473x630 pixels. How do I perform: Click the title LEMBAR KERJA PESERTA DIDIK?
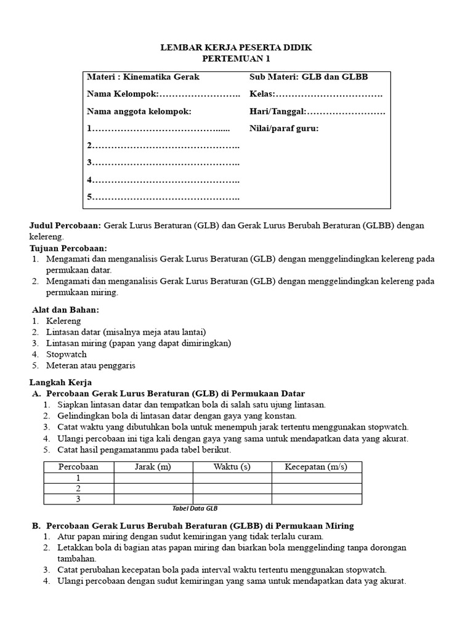pyautogui.click(x=236, y=47)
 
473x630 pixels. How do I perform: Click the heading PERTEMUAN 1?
pyautogui.click(x=236, y=59)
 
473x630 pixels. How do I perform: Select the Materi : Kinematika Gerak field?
pyautogui.click(x=143, y=77)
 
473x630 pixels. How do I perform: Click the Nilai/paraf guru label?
pyautogui.click(x=284, y=129)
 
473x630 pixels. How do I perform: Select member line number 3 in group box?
pyautogui.click(x=163, y=162)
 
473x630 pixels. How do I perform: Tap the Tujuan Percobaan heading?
pyautogui.click(x=68, y=248)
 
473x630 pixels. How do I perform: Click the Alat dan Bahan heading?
pyautogui.click(x=65, y=309)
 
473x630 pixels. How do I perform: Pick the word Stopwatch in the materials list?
pyautogui.click(x=67, y=354)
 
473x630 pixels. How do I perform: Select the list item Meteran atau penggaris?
pyautogui.click(x=91, y=365)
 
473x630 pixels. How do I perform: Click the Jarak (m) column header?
pyautogui.click(x=153, y=467)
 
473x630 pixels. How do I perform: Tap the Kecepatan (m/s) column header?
pyautogui.click(x=317, y=467)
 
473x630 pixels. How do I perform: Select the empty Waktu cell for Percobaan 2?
pyautogui.click(x=232, y=488)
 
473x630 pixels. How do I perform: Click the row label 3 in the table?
pyautogui.click(x=78, y=499)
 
